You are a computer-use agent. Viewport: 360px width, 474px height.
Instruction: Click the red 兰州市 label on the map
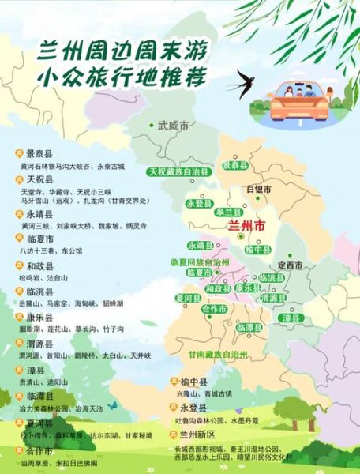click(x=246, y=225)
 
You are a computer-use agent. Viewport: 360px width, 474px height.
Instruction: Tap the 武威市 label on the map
click(x=173, y=126)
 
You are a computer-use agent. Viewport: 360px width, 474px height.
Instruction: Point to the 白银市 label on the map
click(x=259, y=190)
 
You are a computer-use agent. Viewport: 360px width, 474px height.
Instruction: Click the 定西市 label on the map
click(x=290, y=265)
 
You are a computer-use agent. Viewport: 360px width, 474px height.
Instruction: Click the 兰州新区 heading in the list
click(x=197, y=434)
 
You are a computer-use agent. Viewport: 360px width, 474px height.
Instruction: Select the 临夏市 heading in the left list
click(x=39, y=238)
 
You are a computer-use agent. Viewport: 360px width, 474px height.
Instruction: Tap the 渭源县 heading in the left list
click(x=39, y=344)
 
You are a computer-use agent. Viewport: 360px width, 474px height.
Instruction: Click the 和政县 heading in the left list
click(x=39, y=266)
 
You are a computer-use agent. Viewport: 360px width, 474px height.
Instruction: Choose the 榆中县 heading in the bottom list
click(x=192, y=382)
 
